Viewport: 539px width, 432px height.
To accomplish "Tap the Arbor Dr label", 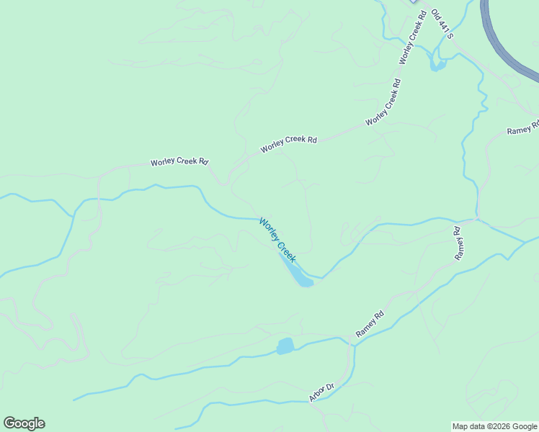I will [321, 392].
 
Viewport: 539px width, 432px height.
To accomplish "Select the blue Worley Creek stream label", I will [277, 239].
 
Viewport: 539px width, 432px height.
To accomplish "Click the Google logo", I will [24, 423].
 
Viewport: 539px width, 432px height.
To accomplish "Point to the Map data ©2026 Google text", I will [494, 426].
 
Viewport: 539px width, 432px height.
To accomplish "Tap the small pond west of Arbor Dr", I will [285, 346].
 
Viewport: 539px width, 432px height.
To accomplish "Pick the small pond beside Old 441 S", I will [437, 65].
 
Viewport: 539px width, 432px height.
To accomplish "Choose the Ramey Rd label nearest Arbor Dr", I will [370, 324].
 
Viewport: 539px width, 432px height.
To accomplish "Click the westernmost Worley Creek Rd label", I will [179, 162].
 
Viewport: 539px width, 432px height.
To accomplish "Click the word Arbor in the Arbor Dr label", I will [318, 395].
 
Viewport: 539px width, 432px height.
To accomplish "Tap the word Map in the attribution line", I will [460, 426].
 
